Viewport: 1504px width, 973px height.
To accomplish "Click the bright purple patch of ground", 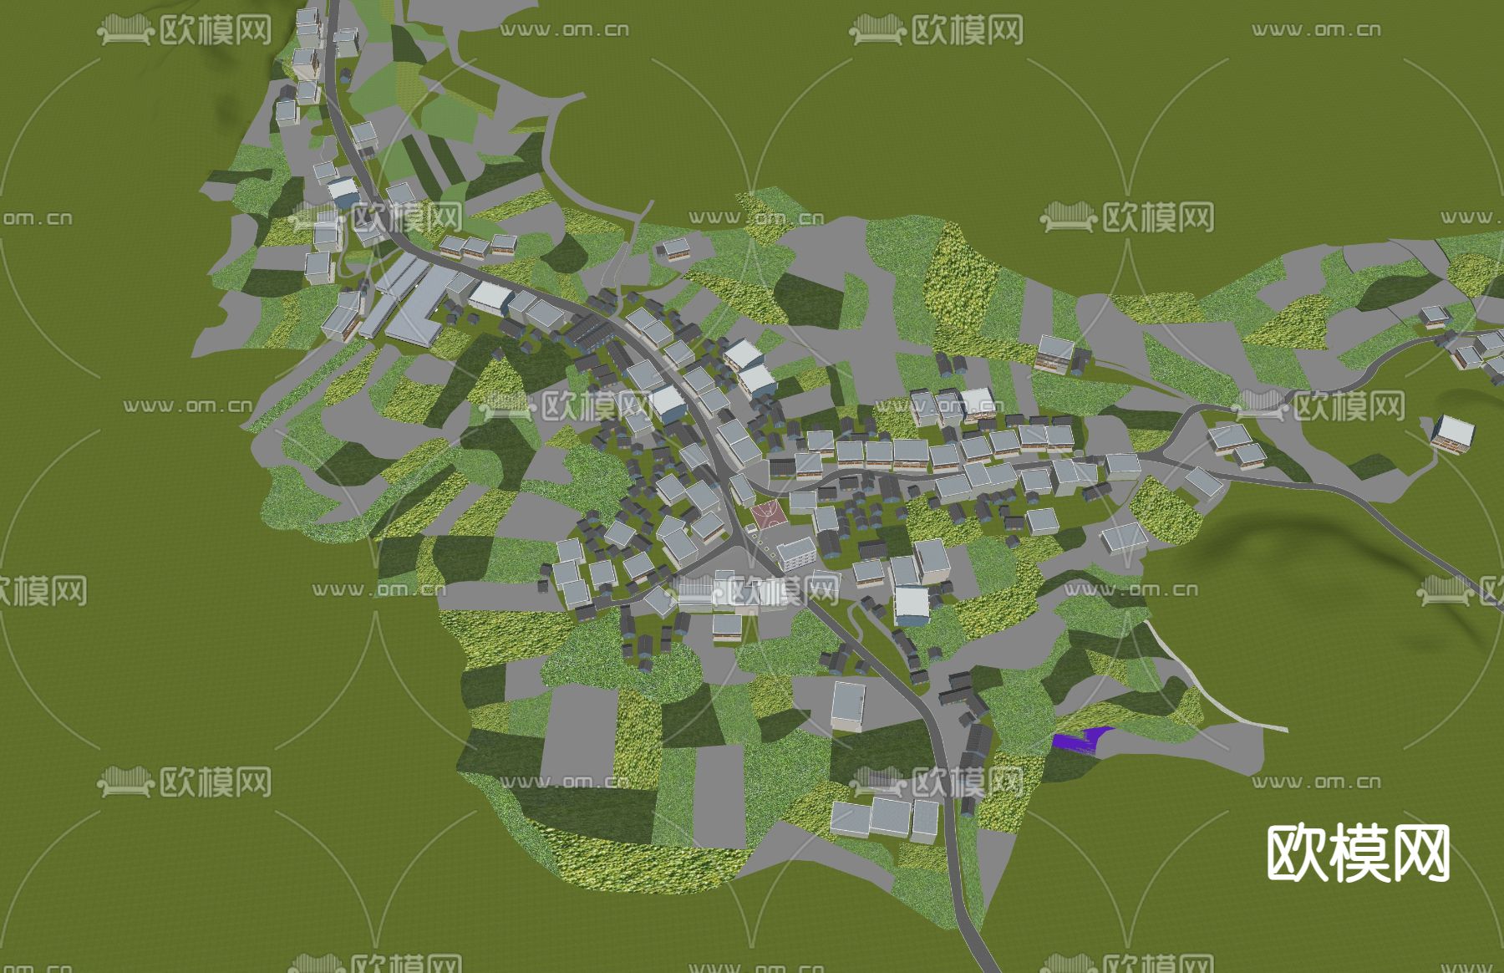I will (x=1080, y=739).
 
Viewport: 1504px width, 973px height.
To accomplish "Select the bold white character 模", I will (x=1358, y=853).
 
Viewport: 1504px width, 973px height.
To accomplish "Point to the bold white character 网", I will (x=1419, y=853).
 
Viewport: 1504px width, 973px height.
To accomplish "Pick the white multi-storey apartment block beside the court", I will (x=797, y=553).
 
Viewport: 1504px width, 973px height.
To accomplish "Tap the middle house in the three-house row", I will (x=475, y=247).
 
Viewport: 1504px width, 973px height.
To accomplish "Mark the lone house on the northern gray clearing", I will (x=673, y=247).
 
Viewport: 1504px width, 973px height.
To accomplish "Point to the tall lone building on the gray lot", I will (x=848, y=706).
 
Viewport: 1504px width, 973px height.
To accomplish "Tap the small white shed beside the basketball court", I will (x=751, y=527).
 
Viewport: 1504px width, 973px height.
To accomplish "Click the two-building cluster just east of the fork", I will (x=1237, y=445).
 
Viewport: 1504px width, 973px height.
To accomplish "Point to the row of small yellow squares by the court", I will (x=760, y=544).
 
